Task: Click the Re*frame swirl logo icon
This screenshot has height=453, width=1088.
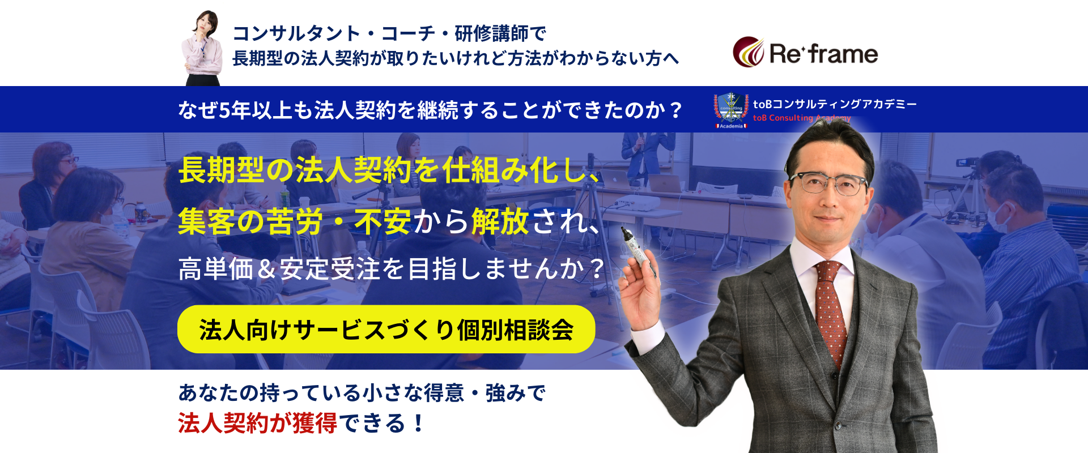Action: pos(749,52)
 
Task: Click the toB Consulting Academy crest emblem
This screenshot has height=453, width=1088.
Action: pos(731,110)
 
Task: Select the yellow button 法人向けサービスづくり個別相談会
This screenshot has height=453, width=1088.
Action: pos(386,329)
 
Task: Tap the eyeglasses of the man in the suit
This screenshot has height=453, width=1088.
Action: pos(829,183)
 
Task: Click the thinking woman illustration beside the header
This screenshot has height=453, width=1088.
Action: pos(202,48)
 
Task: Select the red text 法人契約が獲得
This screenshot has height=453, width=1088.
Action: pos(258,423)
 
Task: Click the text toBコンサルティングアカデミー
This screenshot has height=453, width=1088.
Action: pos(835,104)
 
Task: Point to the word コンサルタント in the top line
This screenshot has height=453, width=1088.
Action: pos(296,33)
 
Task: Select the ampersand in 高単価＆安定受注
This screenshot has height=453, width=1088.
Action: pos(266,269)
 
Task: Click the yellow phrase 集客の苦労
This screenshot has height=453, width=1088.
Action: pos(250,221)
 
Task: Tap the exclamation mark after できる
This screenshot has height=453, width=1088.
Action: pos(419,423)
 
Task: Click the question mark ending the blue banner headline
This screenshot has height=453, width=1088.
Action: pos(675,110)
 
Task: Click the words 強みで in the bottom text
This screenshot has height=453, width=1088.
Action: pos(516,393)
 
